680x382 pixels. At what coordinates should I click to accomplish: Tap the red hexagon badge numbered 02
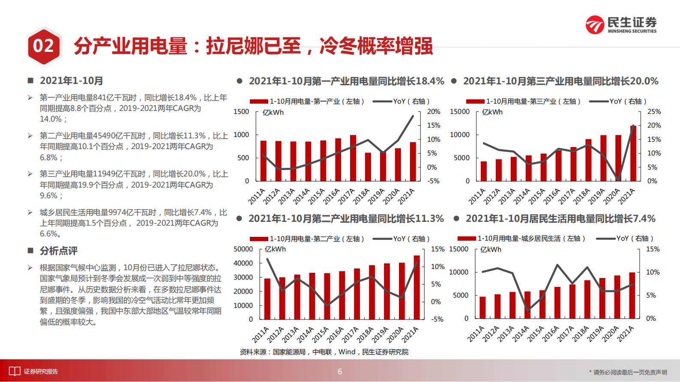tap(43, 46)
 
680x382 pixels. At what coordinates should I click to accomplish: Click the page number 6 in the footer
tap(340, 372)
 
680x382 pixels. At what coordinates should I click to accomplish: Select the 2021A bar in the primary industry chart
tap(413, 161)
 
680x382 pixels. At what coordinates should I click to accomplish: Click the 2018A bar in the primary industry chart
tap(368, 167)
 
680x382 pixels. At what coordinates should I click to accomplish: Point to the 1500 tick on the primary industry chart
tap(241, 112)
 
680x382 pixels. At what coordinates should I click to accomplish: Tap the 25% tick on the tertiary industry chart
tap(654, 112)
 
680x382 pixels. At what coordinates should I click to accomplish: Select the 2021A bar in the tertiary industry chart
tap(633, 153)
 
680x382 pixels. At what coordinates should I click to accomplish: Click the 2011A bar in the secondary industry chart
tap(267, 299)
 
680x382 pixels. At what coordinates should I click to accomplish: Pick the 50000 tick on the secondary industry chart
tap(243, 249)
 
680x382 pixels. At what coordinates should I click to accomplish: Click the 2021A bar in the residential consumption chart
tap(632, 295)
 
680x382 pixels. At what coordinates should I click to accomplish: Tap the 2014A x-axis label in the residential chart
tap(521, 334)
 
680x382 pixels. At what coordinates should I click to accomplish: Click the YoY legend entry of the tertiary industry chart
tap(617, 101)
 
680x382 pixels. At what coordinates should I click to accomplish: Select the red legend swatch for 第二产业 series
tap(259, 239)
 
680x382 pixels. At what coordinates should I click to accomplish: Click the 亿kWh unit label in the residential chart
tap(491, 250)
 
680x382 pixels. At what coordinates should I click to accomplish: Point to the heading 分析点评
tap(59, 251)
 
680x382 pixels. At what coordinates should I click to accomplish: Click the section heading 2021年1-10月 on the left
tap(71, 81)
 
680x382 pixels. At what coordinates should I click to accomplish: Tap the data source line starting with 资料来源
tap(324, 352)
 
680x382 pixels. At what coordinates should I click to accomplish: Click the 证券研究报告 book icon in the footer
tap(15, 371)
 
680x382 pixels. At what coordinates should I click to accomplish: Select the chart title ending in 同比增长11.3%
tap(346, 219)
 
